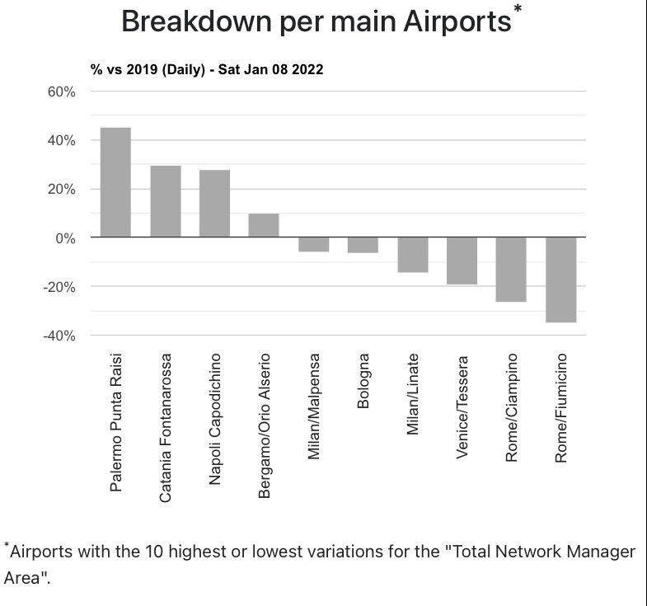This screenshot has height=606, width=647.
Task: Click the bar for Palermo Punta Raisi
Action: (x=115, y=182)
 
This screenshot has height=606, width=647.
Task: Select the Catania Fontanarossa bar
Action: (x=165, y=201)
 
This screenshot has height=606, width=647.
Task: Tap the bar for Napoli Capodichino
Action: (x=214, y=204)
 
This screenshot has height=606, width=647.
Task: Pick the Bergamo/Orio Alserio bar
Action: (x=264, y=225)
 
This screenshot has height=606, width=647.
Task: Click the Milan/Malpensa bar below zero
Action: (x=313, y=244)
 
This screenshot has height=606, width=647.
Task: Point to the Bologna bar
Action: (x=363, y=245)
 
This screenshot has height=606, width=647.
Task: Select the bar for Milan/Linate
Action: (x=412, y=255)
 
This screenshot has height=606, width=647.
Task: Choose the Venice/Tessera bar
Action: (x=462, y=261)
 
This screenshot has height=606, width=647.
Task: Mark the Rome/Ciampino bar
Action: (x=511, y=270)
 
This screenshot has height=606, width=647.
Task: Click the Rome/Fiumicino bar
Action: (x=560, y=280)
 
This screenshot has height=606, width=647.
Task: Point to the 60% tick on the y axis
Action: (x=60, y=92)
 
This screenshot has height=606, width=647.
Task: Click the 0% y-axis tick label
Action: (x=64, y=238)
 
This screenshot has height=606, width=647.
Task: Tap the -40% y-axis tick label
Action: (x=58, y=336)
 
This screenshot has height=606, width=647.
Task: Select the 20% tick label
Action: (x=60, y=190)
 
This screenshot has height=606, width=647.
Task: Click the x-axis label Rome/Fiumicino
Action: (x=561, y=407)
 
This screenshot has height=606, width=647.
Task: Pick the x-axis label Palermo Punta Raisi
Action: (x=116, y=423)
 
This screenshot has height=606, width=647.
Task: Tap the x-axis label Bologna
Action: (x=363, y=381)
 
